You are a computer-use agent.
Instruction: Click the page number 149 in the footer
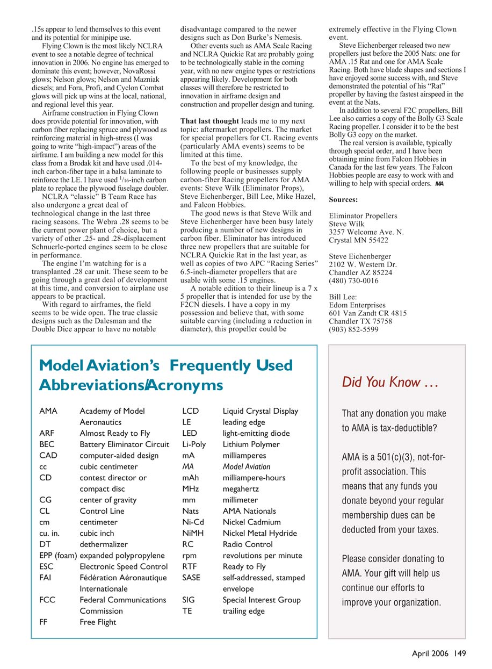pyautogui.click(x=459, y=653)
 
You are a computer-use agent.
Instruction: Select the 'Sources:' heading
pyautogui.click(x=343, y=200)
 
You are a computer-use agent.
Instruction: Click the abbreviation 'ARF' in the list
pyautogui.click(x=46, y=433)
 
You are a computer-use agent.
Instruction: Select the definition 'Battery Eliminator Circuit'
pyautogui.click(x=124, y=444)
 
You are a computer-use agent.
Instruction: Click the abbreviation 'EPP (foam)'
pyautogui.click(x=58, y=555)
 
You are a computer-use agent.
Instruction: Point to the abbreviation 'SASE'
pyautogui.click(x=191, y=578)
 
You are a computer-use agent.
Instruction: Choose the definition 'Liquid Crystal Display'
pyautogui.click(x=260, y=411)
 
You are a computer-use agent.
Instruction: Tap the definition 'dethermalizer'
pyautogui.click(x=104, y=544)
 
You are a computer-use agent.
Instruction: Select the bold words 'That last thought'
pyautogui.click(x=211, y=121)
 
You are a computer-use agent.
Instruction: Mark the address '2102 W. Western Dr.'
pyautogui.click(x=363, y=264)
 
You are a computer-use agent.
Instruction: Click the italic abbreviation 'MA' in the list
pyautogui.click(x=187, y=466)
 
